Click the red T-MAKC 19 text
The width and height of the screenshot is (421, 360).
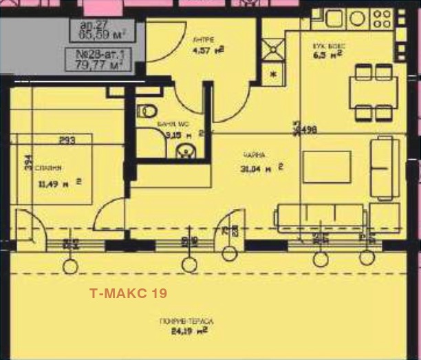coord(127,293)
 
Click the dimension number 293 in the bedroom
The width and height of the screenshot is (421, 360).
coord(67,140)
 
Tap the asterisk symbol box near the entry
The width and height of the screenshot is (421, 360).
coord(273,74)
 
